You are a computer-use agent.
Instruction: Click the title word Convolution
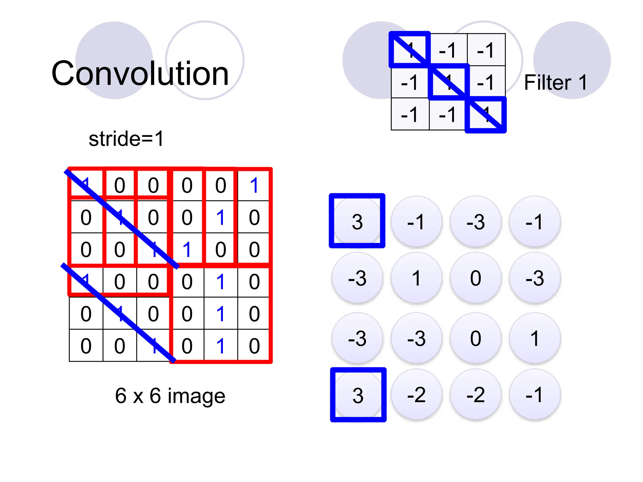click(x=140, y=73)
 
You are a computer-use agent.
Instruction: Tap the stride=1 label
click(x=126, y=139)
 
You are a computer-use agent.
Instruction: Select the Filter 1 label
click(x=555, y=83)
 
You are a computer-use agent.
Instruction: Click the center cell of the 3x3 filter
click(x=448, y=82)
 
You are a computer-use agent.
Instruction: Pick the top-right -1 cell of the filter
click(x=486, y=50)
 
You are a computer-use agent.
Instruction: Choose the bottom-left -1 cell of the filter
click(x=410, y=114)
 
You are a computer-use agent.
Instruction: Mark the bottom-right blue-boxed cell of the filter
click(x=486, y=115)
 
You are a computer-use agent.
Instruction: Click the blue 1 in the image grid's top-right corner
click(x=254, y=185)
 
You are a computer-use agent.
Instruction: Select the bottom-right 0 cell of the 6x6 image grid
click(x=254, y=346)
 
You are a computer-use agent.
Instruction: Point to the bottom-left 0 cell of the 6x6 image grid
click(x=86, y=346)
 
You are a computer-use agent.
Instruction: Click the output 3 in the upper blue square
click(x=357, y=222)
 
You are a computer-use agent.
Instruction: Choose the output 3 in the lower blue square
click(x=358, y=395)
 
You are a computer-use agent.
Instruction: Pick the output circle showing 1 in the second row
click(x=416, y=278)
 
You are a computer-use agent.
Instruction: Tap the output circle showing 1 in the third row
click(x=535, y=338)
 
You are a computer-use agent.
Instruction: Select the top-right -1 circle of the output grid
click(x=535, y=222)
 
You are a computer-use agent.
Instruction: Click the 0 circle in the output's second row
click(x=476, y=278)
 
